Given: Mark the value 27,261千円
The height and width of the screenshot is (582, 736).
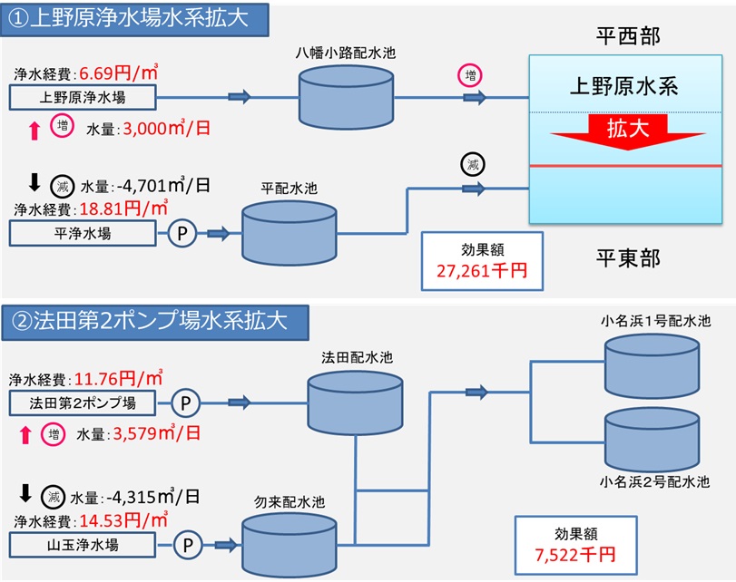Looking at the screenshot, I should click(x=481, y=270).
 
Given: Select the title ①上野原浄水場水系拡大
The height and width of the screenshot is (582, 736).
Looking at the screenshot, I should click(x=136, y=20).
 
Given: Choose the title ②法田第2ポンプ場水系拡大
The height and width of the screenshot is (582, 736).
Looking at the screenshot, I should click(x=158, y=321).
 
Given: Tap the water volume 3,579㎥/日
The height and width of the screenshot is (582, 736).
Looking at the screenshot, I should click(x=167, y=434).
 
